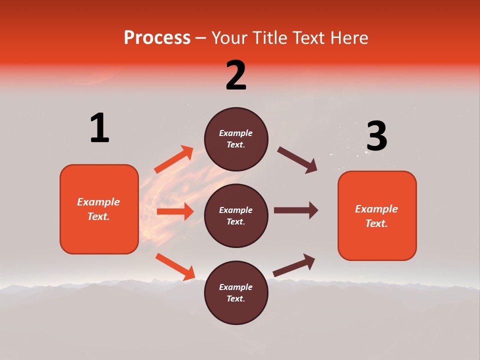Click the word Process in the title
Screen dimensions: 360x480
pyautogui.click(x=157, y=38)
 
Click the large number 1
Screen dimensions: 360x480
pyautogui.click(x=99, y=128)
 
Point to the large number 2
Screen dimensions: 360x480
pyautogui.click(x=236, y=75)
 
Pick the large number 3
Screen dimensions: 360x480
pyautogui.click(x=376, y=136)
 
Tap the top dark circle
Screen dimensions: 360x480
pyautogui.click(x=236, y=139)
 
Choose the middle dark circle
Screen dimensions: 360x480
pyautogui.click(x=236, y=216)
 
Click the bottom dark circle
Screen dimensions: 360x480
pyautogui.click(x=236, y=293)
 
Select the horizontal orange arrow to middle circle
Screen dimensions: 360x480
pyautogui.click(x=175, y=211)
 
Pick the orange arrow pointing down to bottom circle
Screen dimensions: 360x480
pyautogui.click(x=175, y=266)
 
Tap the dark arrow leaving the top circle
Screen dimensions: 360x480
pyautogui.click(x=297, y=160)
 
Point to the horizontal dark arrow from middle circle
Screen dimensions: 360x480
pyautogui.click(x=296, y=210)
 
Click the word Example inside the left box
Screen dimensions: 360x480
pyautogui.click(x=98, y=202)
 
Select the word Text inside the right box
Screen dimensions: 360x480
pyautogui.click(x=376, y=223)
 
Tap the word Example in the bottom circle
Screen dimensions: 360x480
pyautogui.click(x=236, y=287)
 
